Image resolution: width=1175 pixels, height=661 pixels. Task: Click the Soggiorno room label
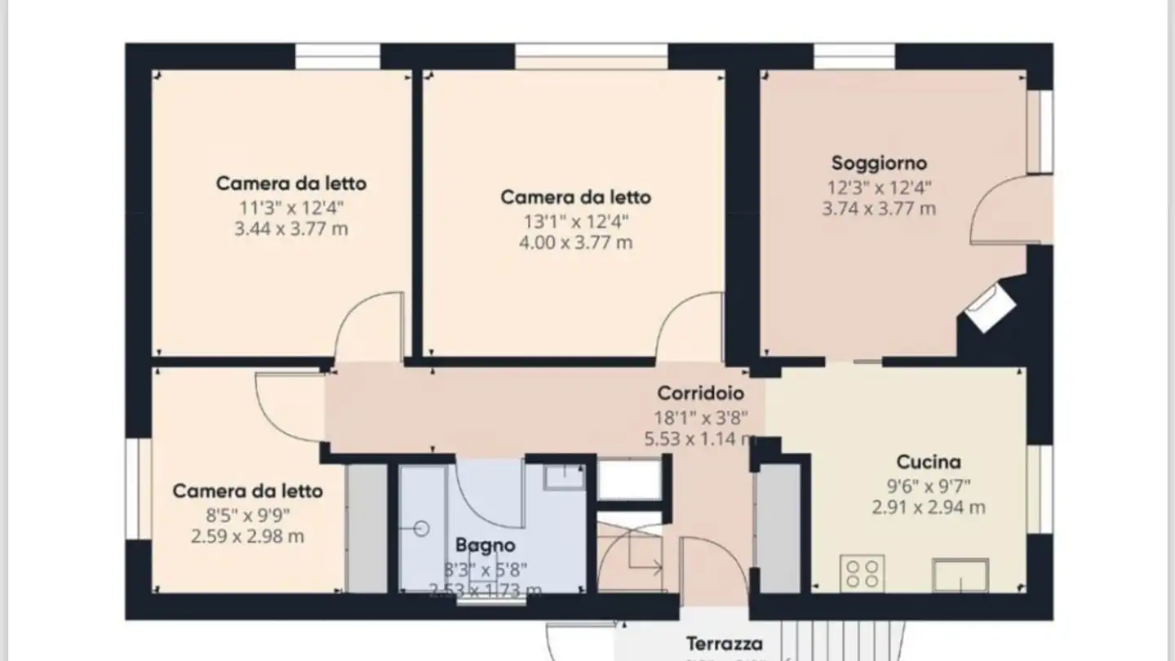click(879, 163)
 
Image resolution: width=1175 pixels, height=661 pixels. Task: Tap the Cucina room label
click(928, 462)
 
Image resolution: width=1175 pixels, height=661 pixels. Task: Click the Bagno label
click(485, 545)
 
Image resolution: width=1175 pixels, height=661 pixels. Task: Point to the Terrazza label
click(724, 644)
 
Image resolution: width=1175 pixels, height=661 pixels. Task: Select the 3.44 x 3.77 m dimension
click(290, 228)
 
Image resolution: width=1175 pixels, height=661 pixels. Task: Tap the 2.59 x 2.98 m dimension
click(247, 537)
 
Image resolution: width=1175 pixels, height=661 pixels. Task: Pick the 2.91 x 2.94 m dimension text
click(928, 508)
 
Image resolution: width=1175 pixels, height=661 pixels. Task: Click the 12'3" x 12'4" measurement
click(879, 187)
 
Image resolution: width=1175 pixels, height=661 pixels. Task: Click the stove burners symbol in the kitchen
click(862, 573)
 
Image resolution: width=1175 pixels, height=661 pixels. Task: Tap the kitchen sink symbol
click(960, 575)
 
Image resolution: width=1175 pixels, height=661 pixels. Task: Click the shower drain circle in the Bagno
click(422, 528)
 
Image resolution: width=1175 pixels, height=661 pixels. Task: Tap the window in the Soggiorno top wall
click(854, 57)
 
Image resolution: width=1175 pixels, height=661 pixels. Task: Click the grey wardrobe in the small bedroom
click(366, 528)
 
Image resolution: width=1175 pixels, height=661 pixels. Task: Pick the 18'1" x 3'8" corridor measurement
click(699, 418)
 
